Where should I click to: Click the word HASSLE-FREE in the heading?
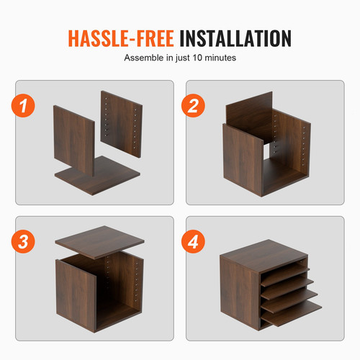tap(120, 38)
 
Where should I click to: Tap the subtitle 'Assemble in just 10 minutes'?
tap(179, 57)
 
